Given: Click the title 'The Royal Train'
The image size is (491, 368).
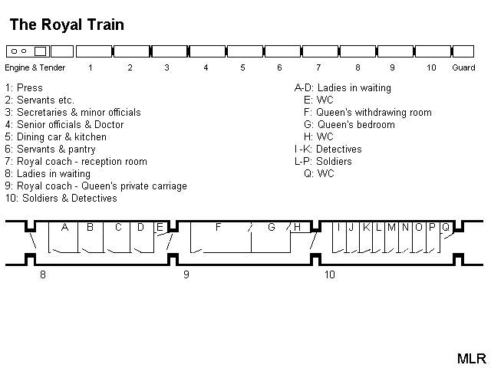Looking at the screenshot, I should pyautogui.click(x=67, y=25).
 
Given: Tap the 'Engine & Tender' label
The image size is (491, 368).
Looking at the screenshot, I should pyautogui.click(x=35, y=67).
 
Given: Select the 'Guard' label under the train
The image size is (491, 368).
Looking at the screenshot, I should pyautogui.click(x=463, y=67).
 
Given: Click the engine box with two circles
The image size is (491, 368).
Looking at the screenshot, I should pyautogui.click(x=28, y=51).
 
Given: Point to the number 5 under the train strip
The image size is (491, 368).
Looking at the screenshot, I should pyautogui.click(x=242, y=67).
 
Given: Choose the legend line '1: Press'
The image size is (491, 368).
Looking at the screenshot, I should pyautogui.click(x=24, y=88).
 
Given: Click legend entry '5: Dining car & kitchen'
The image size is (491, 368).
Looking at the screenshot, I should pyautogui.click(x=55, y=137).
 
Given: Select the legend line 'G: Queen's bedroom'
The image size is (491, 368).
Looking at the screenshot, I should pyautogui.click(x=350, y=125).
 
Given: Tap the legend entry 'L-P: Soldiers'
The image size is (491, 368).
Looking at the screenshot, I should pyautogui.click(x=323, y=162).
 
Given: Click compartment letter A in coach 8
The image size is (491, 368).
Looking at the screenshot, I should pyautogui.click(x=65, y=227).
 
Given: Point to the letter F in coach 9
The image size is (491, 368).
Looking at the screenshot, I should pyautogui.click(x=219, y=227).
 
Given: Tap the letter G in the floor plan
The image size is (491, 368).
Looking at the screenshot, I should pyautogui.click(x=271, y=227).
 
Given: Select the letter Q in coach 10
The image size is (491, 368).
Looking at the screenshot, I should pyautogui.click(x=445, y=227).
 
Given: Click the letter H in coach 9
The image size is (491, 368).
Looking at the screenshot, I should pyautogui.click(x=297, y=227).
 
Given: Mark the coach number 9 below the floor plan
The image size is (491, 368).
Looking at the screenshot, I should pyautogui.click(x=186, y=274).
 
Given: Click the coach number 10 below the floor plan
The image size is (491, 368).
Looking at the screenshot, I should pyautogui.click(x=329, y=274).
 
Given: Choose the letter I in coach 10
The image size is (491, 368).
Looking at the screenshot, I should pyautogui.click(x=338, y=227).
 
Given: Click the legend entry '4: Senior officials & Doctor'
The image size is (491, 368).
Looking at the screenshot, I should pyautogui.click(x=64, y=125).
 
